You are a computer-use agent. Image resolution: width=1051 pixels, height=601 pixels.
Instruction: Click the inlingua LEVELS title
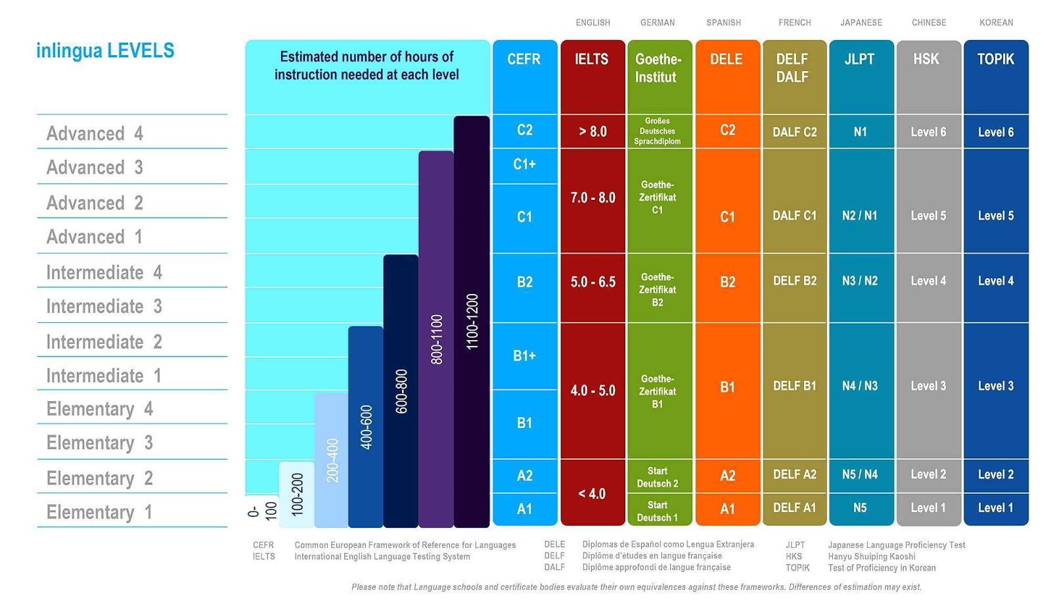click(x=105, y=51)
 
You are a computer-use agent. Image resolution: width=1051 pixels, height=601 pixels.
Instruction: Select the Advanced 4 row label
click(x=95, y=133)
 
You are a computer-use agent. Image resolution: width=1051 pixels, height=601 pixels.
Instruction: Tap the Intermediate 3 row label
click(x=104, y=306)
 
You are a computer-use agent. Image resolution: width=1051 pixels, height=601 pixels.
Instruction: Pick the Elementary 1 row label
click(x=99, y=512)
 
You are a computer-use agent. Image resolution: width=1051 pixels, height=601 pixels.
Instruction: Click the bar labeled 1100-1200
click(x=472, y=322)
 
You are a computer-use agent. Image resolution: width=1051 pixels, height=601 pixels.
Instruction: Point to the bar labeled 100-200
click(x=297, y=494)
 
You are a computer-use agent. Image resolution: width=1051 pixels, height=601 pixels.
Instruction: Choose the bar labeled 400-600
click(x=366, y=427)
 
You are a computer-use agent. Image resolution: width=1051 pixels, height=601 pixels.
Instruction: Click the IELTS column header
click(x=592, y=60)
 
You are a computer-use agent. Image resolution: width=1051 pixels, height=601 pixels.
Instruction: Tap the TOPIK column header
click(x=996, y=60)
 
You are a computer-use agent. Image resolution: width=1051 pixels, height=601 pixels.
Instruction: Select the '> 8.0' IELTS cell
click(x=593, y=132)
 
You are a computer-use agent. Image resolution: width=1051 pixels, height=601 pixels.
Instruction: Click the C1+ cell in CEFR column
click(x=524, y=164)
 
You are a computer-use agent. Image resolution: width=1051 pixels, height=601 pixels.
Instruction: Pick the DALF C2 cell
click(x=794, y=132)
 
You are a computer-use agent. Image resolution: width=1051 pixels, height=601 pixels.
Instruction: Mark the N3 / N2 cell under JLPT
click(x=860, y=281)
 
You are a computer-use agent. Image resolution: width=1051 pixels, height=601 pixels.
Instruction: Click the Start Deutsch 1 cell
click(x=658, y=511)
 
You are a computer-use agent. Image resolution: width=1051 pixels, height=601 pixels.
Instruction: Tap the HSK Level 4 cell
click(x=928, y=281)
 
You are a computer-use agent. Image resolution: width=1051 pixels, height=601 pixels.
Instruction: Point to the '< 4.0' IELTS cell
click(x=592, y=494)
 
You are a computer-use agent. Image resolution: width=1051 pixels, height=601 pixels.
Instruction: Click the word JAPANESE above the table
click(x=861, y=23)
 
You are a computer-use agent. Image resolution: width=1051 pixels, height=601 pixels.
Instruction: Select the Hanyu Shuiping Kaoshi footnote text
click(x=872, y=556)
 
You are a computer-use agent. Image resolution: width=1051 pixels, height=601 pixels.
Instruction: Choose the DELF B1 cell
click(x=794, y=386)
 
